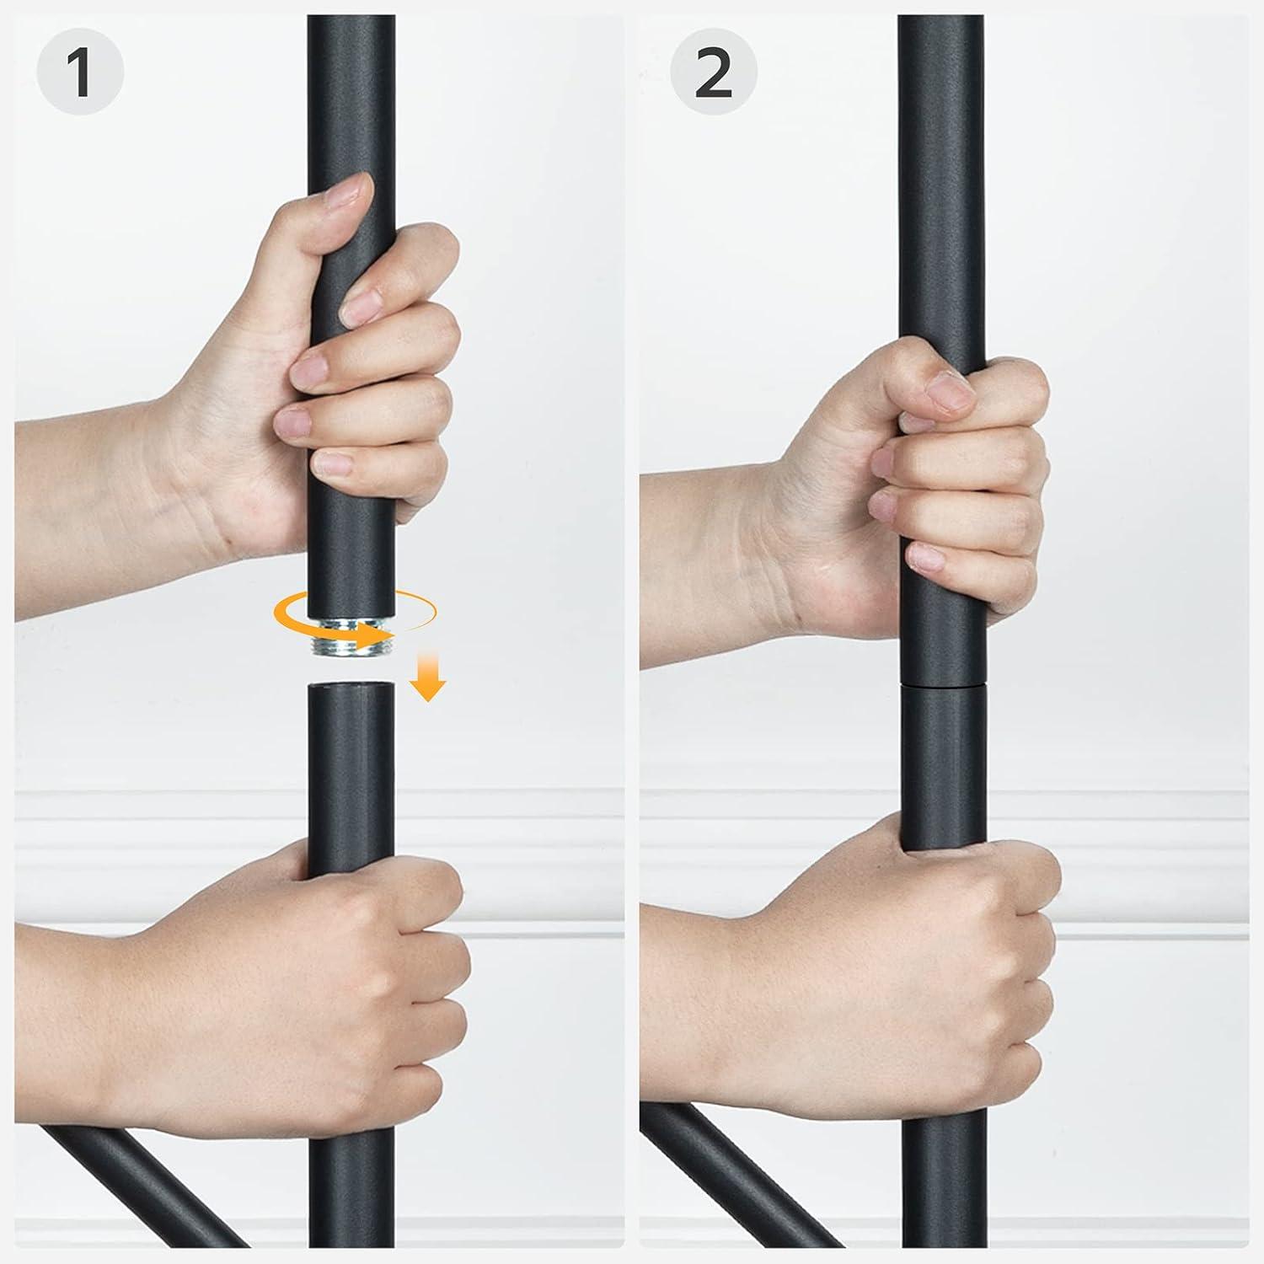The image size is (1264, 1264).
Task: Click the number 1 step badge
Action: pyautogui.click(x=80, y=73)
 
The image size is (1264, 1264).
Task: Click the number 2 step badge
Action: pyautogui.click(x=714, y=73)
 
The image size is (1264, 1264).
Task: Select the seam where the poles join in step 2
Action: pyautogui.click(x=942, y=684)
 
